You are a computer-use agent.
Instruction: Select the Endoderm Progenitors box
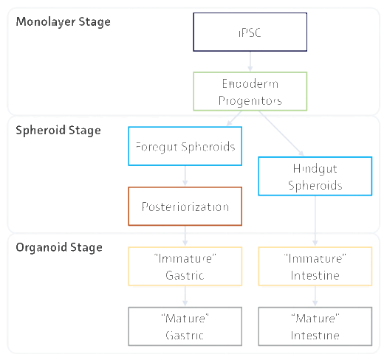pyautogui.click(x=250, y=91)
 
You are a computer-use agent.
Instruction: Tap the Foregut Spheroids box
pyautogui.click(x=185, y=146)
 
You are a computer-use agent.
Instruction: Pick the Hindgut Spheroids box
pyautogui.click(x=315, y=176)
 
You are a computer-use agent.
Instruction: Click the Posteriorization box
pyautogui.click(x=185, y=206)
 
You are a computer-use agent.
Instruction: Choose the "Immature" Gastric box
pyautogui.click(x=185, y=266)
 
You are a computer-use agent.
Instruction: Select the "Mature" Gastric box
pyautogui.click(x=185, y=326)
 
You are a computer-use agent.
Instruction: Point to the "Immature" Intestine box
pyautogui.click(x=315, y=266)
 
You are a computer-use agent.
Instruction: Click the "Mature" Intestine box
pyautogui.click(x=315, y=326)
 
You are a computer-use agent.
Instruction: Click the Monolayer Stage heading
pyautogui.click(x=64, y=22)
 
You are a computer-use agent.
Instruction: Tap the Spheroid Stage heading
pyautogui.click(x=58, y=131)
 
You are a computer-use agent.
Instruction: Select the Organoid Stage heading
pyautogui.click(x=59, y=247)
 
